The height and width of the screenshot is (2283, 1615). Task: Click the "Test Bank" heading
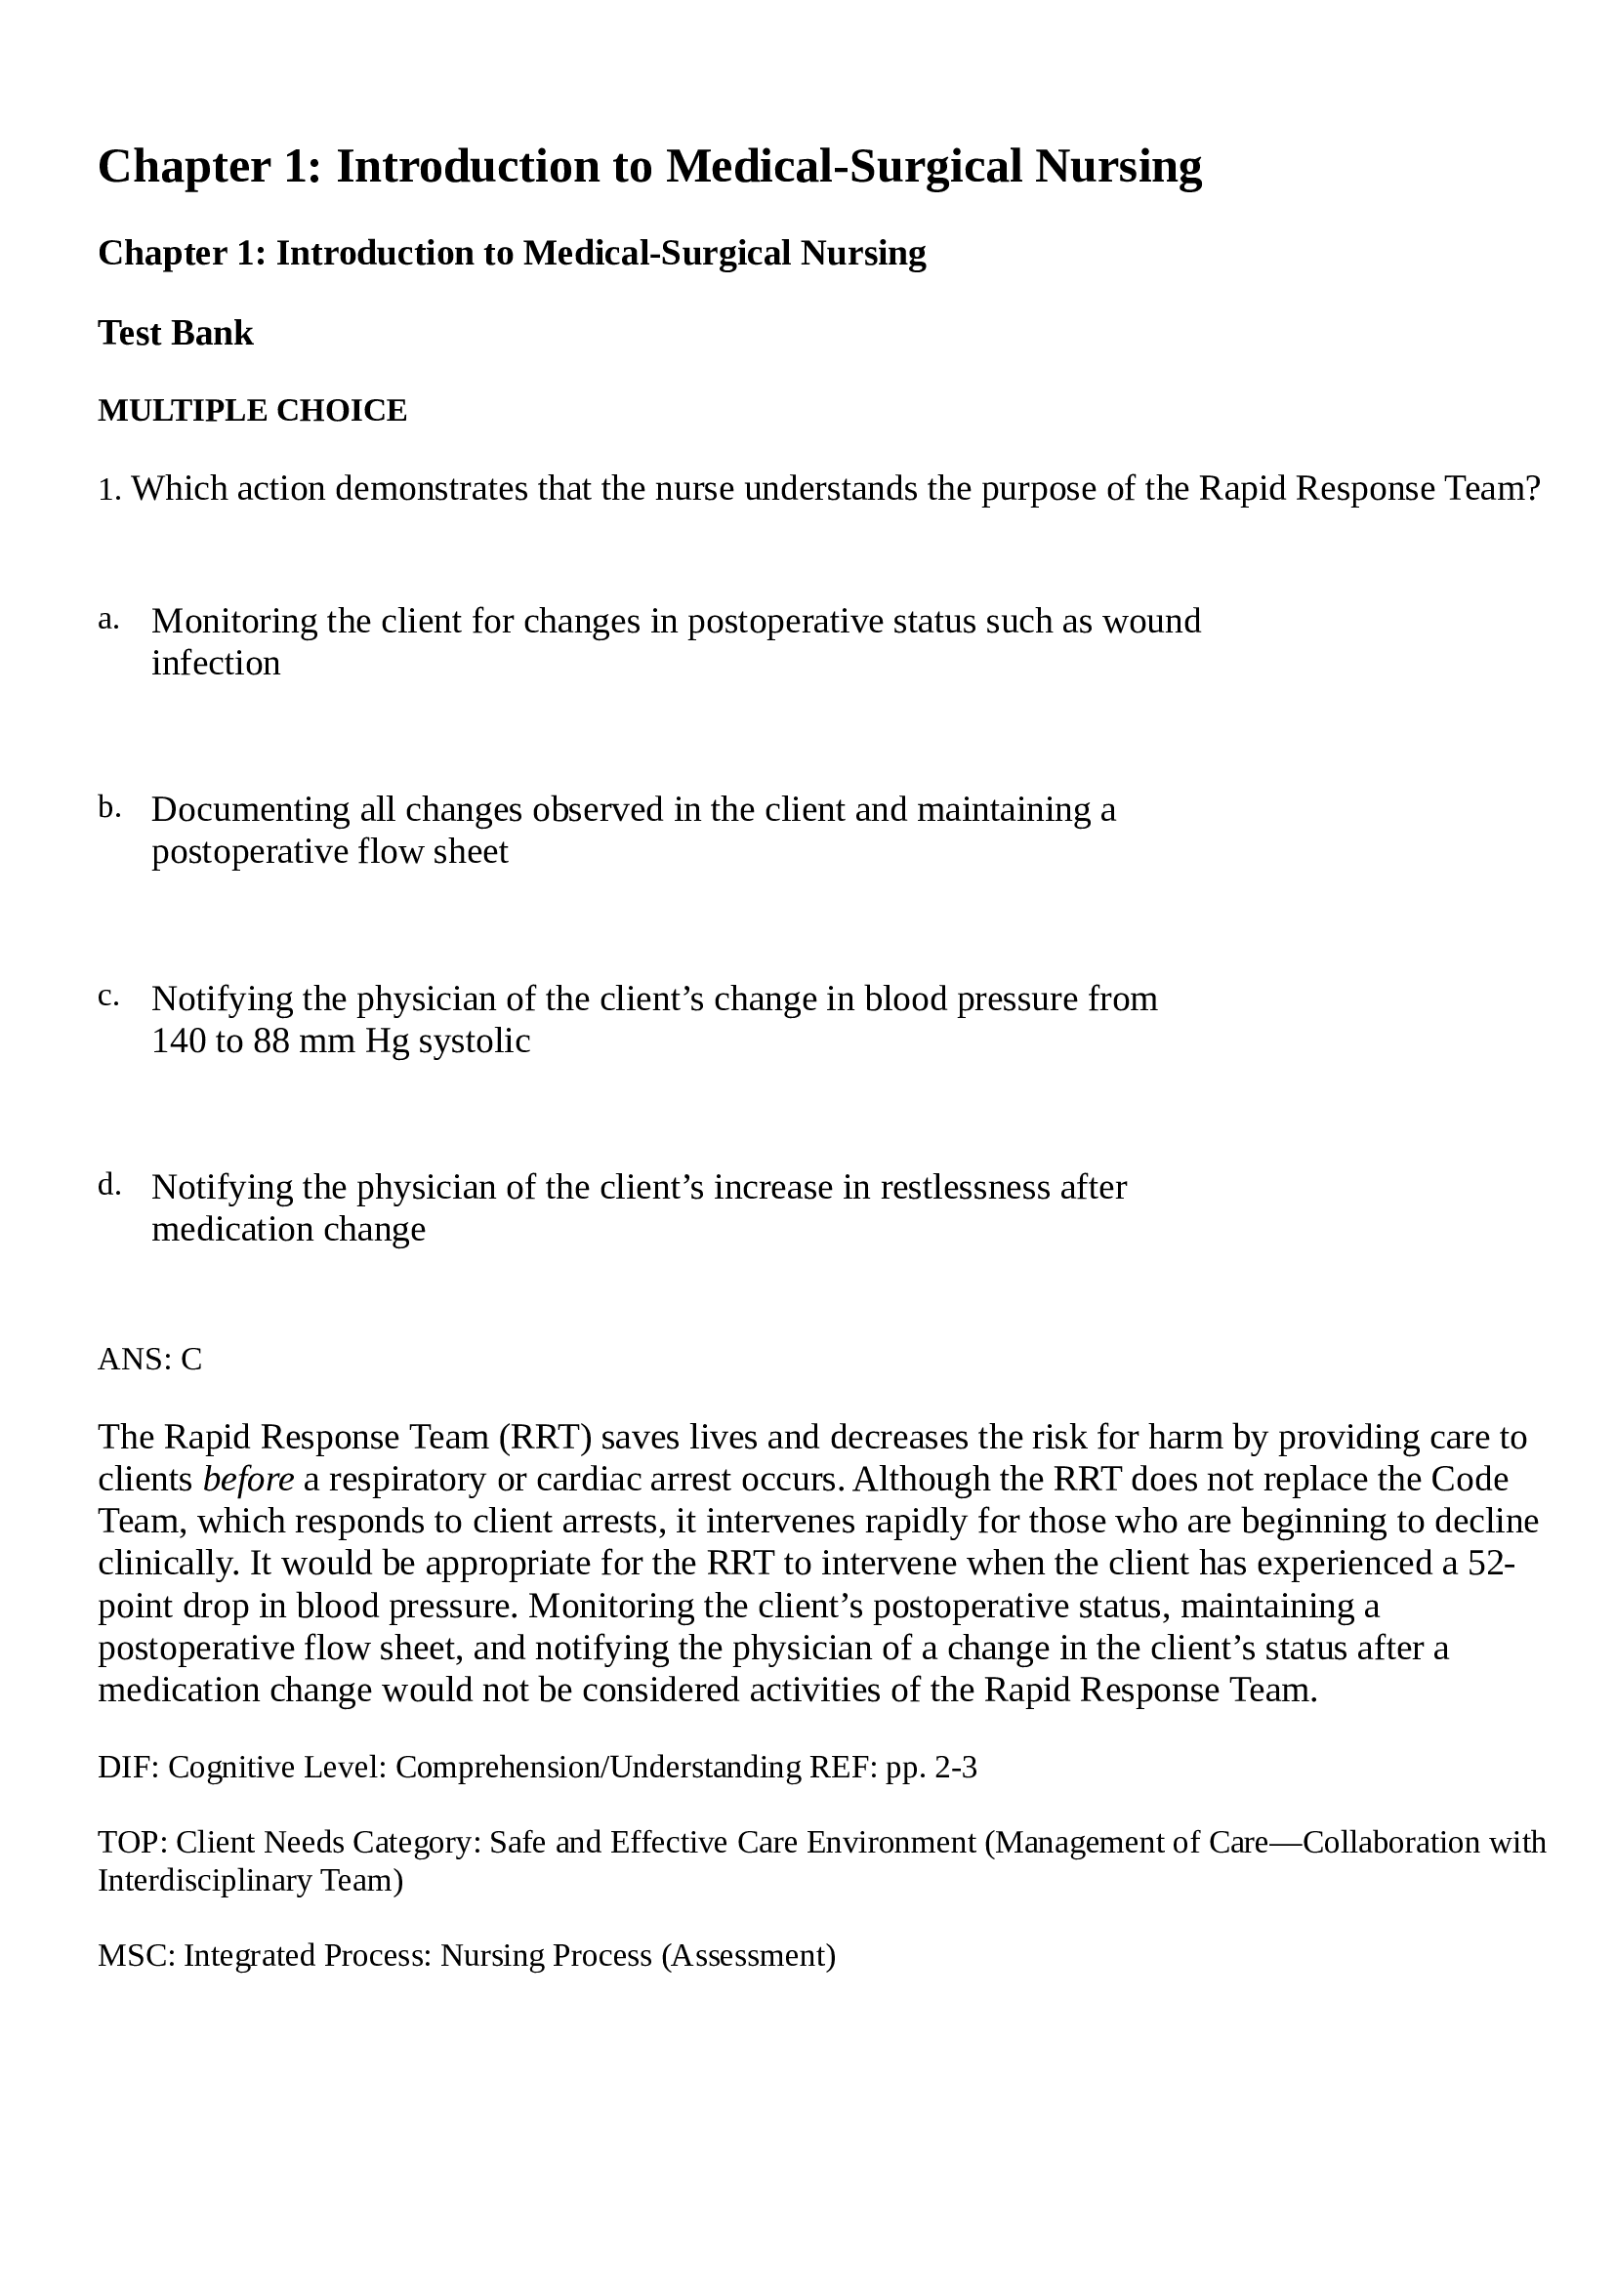pos(175,333)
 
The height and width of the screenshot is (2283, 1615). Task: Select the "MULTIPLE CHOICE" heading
pos(253,411)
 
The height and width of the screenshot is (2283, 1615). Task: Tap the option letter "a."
pos(108,620)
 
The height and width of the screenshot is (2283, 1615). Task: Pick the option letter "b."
pos(109,807)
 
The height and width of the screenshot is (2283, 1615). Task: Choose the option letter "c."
pos(108,997)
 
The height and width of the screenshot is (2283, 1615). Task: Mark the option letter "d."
pos(109,1185)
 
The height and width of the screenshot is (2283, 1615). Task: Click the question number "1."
pos(109,489)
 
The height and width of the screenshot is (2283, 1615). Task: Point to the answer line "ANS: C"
pos(150,1360)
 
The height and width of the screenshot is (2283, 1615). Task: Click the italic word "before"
pos(248,1480)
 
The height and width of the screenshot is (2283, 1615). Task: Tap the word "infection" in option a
pos(216,663)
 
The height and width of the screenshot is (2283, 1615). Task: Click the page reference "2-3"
pos(956,1768)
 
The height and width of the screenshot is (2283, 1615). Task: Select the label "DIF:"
pos(128,1768)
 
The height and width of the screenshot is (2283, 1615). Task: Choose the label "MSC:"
pos(137,1956)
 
